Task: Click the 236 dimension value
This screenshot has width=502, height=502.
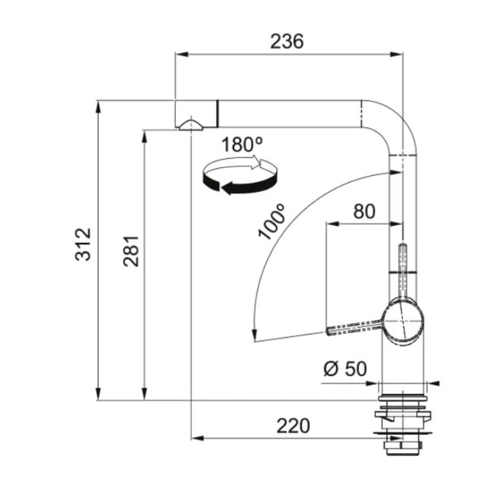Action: [x=287, y=41]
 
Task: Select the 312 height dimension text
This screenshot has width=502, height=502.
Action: [x=83, y=244]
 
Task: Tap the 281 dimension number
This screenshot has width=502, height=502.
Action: [x=131, y=252]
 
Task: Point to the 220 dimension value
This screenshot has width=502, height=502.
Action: [x=293, y=426]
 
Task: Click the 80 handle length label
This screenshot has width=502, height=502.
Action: [x=364, y=211]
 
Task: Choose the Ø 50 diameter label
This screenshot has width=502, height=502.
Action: [x=345, y=369]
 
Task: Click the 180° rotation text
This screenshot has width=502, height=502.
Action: [x=242, y=144]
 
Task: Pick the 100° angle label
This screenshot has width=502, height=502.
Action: [x=272, y=222]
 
